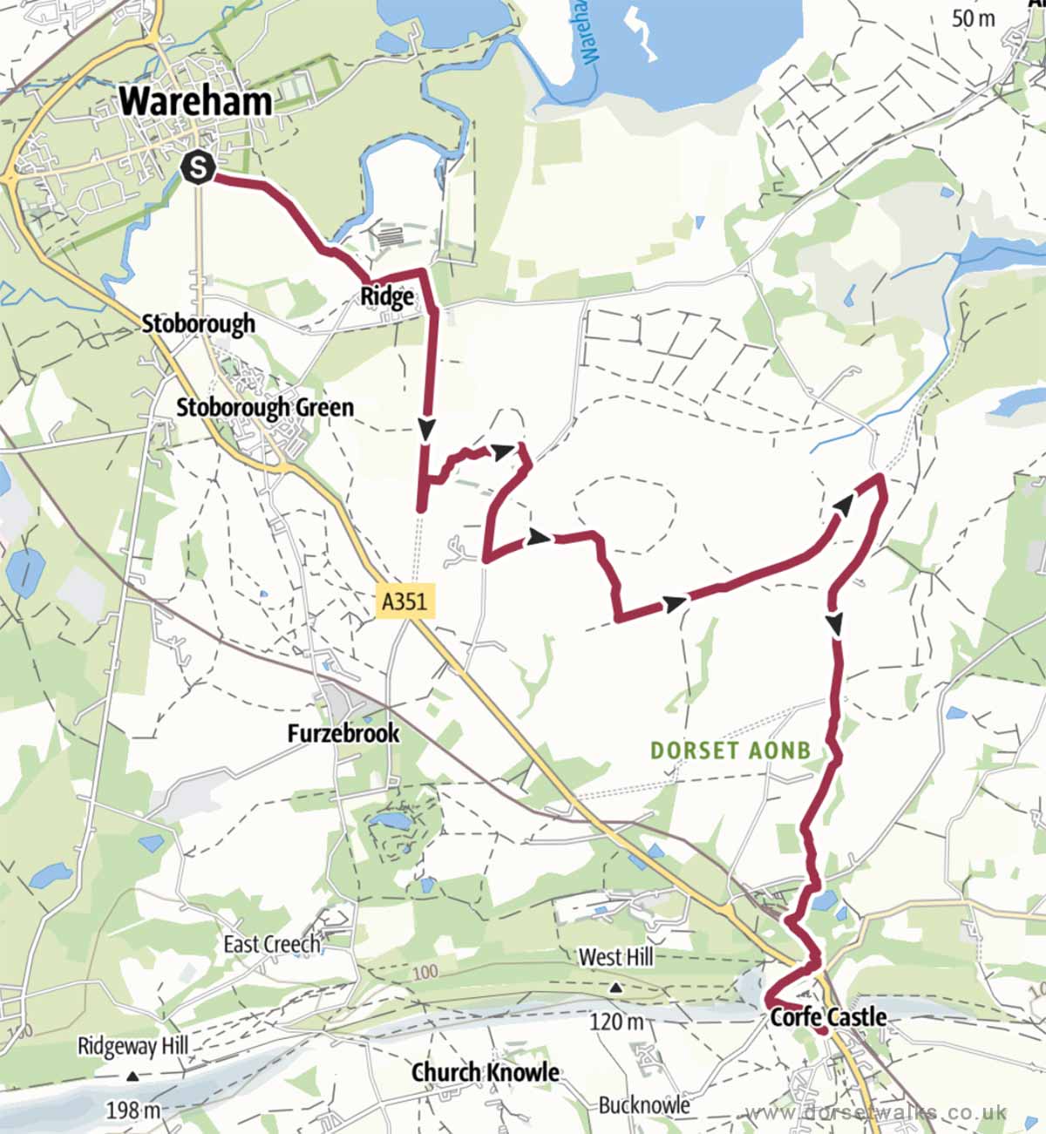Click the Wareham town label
[195, 102]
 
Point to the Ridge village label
[387, 297]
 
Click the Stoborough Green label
[265, 407]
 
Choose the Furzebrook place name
[343, 733]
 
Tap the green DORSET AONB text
[730, 750]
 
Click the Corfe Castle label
[828, 1017]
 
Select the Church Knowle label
[485, 1072]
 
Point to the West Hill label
[615, 957]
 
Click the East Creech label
[272, 944]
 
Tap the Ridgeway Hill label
[132, 1046]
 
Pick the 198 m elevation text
[133, 1110]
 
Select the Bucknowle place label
[643, 1105]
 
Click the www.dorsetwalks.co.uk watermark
[878, 1113]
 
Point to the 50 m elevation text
[973, 18]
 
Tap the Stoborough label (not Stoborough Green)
[198, 323]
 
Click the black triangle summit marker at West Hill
[615, 988]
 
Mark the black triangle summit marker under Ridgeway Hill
[132, 1076]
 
